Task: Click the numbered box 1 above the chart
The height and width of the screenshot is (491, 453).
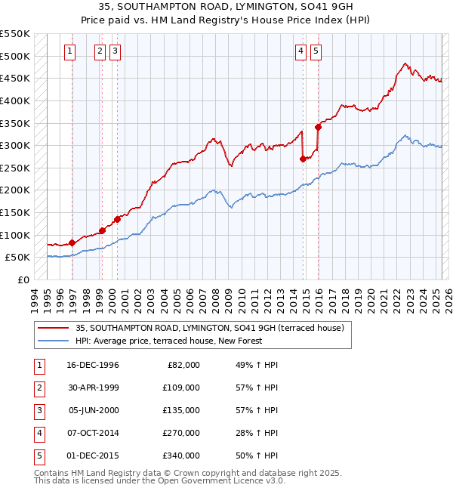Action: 69,51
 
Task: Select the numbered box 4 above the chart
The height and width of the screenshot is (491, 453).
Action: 300,51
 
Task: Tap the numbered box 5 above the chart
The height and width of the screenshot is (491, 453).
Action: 315,51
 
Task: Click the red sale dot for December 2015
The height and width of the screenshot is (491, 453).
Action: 318,127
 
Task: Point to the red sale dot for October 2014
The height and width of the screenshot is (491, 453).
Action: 303,159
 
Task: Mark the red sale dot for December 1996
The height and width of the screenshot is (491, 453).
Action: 72,242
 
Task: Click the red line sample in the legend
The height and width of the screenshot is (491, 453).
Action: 54,328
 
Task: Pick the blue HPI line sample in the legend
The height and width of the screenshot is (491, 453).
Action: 54,341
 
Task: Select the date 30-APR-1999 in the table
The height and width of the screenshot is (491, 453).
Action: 93,388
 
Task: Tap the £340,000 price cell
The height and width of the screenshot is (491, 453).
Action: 181,455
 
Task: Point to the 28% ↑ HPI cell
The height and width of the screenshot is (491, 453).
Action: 257,433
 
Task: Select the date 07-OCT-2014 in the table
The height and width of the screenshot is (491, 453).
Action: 93,433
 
